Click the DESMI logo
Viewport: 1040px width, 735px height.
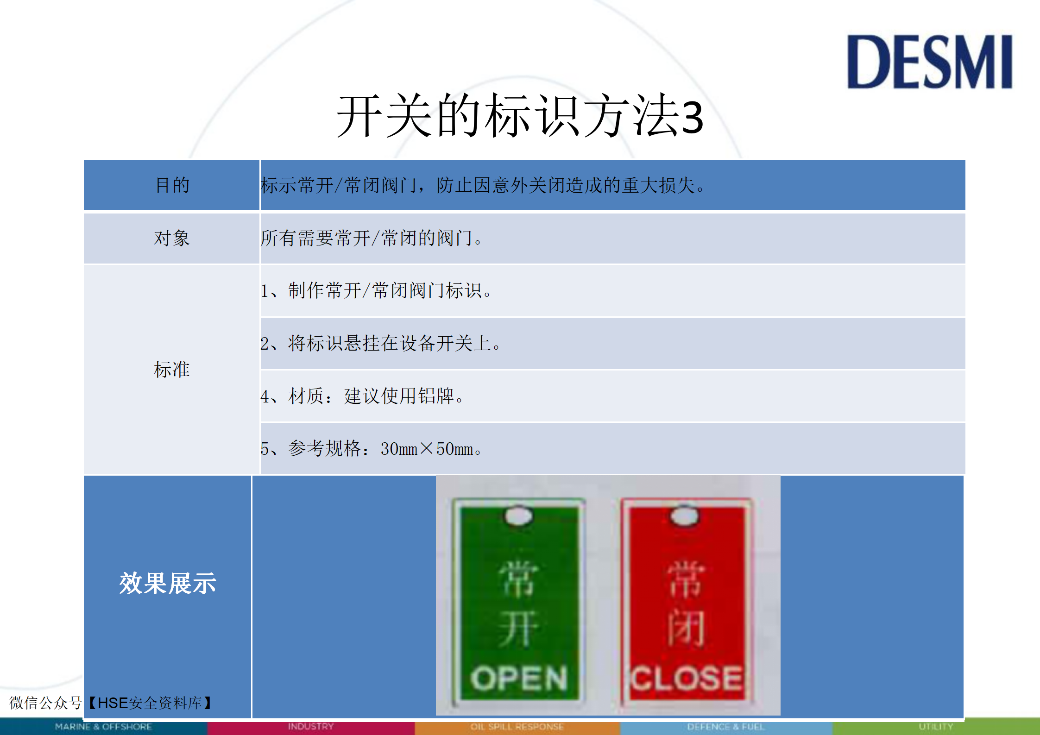pos(929,62)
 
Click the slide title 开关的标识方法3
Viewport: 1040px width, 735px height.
pos(520,116)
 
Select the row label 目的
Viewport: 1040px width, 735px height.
pos(172,185)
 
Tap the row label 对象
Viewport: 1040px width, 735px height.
pos(172,238)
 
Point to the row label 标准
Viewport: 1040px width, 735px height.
pos(172,370)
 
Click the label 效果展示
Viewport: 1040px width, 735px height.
pos(168,583)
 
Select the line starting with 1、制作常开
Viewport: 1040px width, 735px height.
pos(376,291)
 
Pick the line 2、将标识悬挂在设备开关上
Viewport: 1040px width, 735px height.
pos(380,344)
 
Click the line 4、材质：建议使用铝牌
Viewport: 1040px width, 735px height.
pos(362,396)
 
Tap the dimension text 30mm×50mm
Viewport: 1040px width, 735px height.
pos(427,449)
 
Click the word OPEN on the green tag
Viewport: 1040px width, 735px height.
pos(519,679)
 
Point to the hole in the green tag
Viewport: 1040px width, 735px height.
pos(519,516)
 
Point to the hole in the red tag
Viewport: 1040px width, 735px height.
pos(685,516)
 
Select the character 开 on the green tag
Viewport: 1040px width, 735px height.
pos(519,628)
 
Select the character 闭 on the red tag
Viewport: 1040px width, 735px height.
pos(686,628)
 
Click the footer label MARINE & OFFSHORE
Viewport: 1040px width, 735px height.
pos(103,727)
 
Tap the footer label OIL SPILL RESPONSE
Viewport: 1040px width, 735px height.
pos(517,727)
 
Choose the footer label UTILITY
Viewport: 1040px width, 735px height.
pos(936,727)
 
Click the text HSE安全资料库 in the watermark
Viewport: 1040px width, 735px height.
pos(150,703)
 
